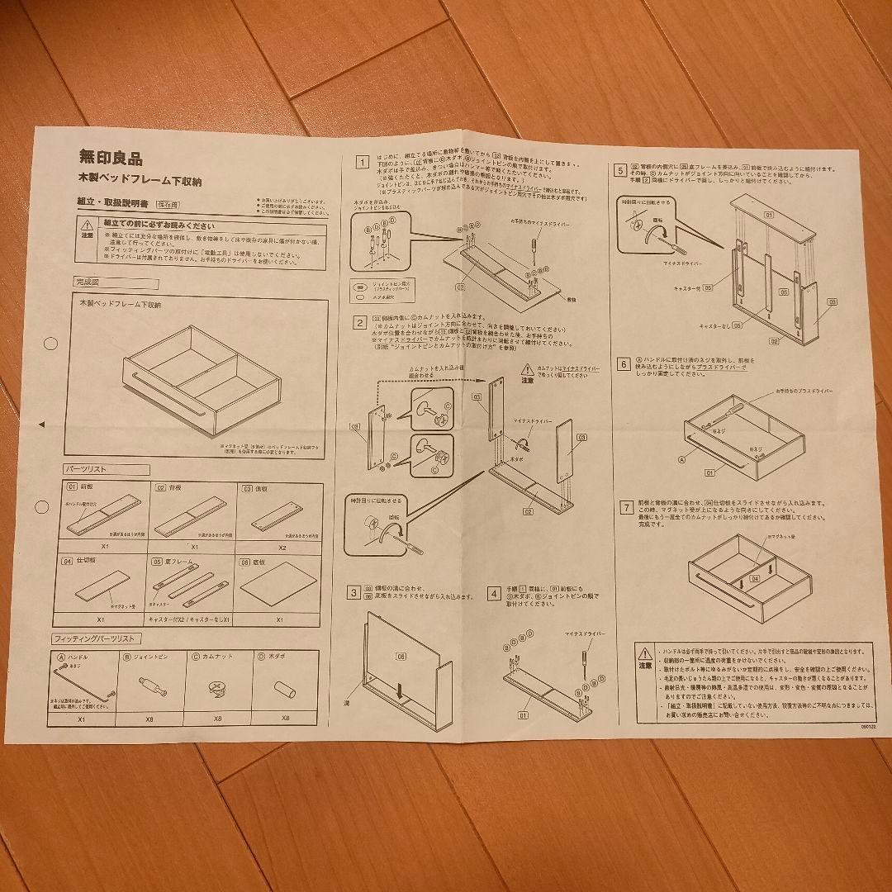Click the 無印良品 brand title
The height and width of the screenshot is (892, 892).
110,155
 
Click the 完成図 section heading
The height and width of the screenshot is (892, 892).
88,282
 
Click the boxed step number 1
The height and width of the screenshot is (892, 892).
360,162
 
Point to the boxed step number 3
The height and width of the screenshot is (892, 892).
353,592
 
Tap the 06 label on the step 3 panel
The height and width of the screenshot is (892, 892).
401,657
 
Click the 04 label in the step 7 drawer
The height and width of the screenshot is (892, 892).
754,579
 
